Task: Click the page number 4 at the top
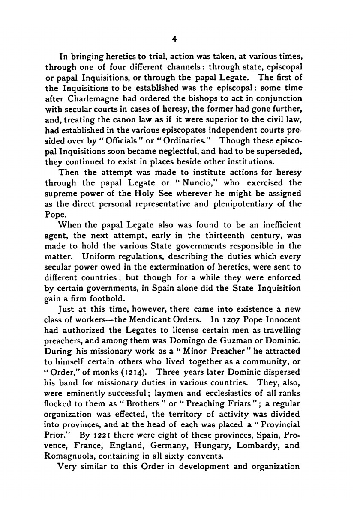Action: coord(174,39)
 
